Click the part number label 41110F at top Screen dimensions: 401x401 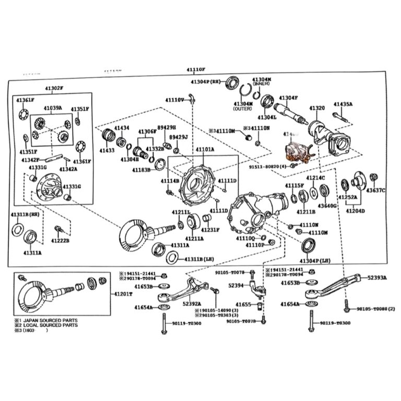tap(196, 69)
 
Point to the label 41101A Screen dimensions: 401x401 tap(205, 150)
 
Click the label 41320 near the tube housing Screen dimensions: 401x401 tap(317, 108)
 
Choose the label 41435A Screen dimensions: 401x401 tap(344, 104)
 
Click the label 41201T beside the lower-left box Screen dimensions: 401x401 tap(123, 294)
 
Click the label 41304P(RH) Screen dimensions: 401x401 tap(207, 82)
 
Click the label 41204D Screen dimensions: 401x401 tap(355, 211)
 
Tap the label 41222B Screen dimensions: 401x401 tap(61, 241)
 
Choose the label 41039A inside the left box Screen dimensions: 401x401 tap(53, 108)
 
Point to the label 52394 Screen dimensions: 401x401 tap(236, 286)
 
